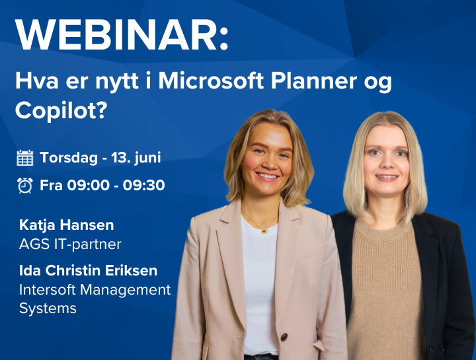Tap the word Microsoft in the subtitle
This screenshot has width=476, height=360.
(211, 81)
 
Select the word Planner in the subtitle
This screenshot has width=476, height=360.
(314, 81)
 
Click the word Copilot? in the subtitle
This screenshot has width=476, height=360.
(61, 110)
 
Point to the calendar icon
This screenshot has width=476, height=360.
(25, 158)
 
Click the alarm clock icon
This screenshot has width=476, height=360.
(25, 186)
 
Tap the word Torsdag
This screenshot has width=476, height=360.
(69, 158)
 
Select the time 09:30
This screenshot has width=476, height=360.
(143, 186)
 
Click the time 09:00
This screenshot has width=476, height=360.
(88, 186)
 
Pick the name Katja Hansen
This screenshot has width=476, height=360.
(67, 225)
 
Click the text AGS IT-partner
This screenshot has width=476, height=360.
(70, 244)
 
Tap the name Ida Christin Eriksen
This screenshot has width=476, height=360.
(88, 271)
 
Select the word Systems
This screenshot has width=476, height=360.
(48, 308)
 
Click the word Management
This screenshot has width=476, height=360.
(126, 290)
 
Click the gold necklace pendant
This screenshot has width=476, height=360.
(264, 231)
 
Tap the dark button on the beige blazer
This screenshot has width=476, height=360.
(284, 337)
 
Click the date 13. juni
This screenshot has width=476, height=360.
(136, 158)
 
